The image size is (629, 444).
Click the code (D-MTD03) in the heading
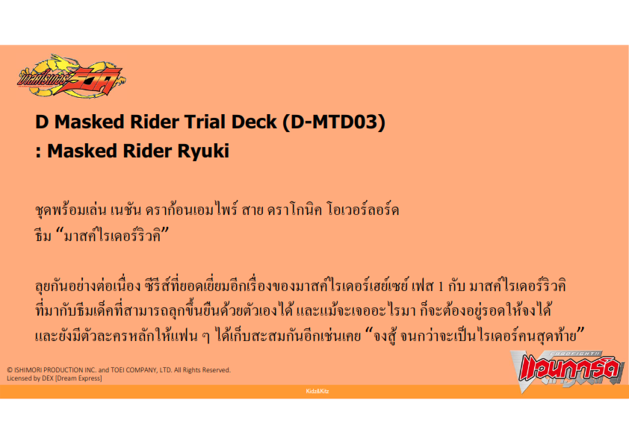coord(334,122)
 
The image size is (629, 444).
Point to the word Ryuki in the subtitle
coord(203,151)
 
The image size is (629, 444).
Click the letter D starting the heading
coord(42,122)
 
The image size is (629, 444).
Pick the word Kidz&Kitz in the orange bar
coord(317,391)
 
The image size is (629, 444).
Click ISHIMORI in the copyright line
coord(28,370)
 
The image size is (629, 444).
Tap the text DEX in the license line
coord(48,378)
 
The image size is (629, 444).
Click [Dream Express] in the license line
coord(78,378)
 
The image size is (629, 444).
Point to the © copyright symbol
coord(10,370)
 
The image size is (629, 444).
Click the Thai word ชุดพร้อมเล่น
coord(71,210)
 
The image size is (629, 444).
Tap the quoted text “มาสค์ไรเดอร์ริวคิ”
coord(112,235)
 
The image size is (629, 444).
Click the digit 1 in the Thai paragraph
coord(441,287)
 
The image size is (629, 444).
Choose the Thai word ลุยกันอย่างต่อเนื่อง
coord(88,286)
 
